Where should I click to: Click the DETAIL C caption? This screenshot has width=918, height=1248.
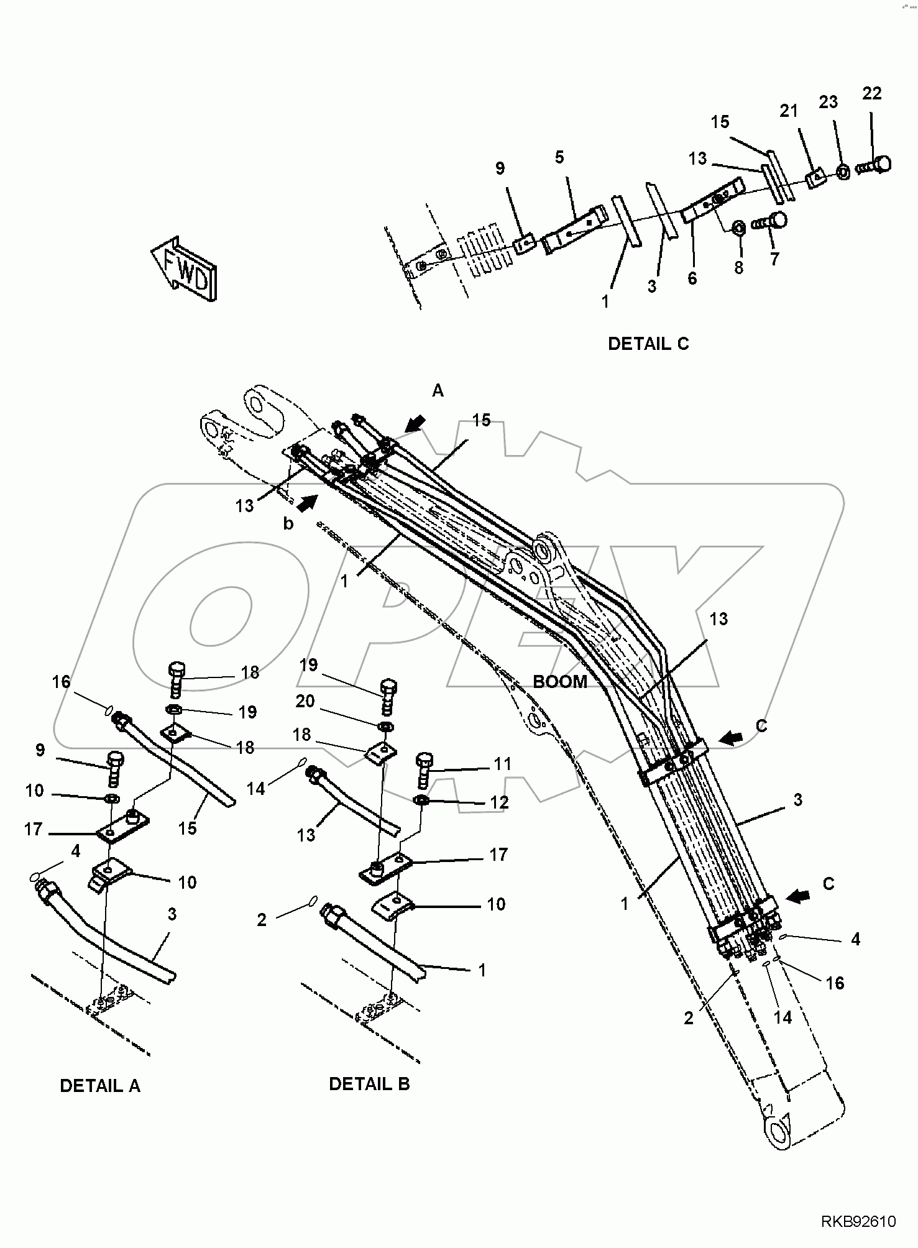648,344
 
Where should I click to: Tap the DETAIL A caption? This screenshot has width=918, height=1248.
99,1086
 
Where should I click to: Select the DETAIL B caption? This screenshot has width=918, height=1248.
369,1084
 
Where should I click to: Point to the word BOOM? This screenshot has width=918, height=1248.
559,681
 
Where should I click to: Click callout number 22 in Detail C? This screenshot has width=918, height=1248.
871,93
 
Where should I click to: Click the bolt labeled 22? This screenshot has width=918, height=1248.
876,165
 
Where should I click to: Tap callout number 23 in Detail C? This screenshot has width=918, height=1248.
828,102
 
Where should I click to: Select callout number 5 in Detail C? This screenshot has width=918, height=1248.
559,157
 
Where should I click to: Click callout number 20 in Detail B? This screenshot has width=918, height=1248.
305,701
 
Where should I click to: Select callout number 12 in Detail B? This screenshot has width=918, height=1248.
499,802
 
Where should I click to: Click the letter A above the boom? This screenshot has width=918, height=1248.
438,390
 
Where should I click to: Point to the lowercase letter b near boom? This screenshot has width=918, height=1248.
288,523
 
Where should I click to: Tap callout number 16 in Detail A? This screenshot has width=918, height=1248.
61,682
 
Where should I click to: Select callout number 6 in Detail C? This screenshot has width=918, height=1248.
692,278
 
